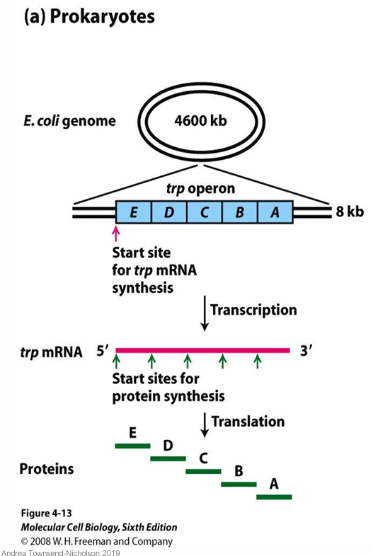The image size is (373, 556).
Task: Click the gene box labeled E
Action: click(133, 212)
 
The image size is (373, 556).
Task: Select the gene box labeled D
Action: click(168, 212)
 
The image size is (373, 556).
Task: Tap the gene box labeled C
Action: click(204, 212)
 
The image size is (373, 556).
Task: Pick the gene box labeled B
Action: click(239, 212)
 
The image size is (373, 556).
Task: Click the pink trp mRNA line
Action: click(203, 349)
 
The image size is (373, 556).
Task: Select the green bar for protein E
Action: click(133, 446)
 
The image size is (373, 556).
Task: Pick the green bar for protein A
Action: click(274, 497)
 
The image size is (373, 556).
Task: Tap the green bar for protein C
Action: click(203, 471)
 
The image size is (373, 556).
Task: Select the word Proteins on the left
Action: click(46, 469)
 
